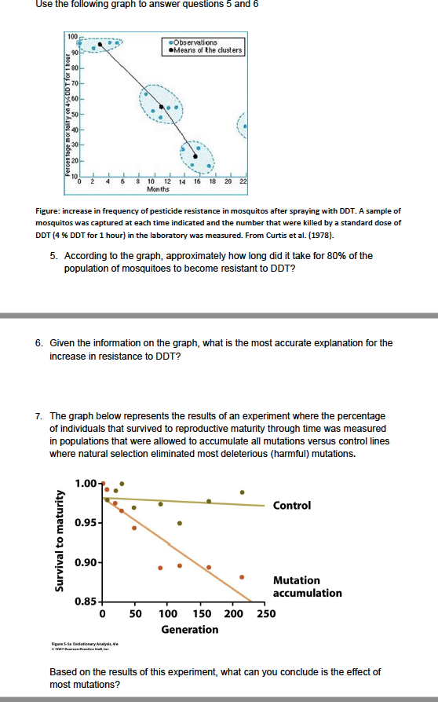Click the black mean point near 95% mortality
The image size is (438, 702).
point(100,44)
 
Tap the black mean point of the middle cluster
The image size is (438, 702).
point(162,106)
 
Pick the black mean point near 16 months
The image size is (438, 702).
point(196,156)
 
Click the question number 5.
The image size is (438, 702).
point(52,256)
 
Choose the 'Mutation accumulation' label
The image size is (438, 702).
point(307,587)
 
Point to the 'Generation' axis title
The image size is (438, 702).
point(189,629)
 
